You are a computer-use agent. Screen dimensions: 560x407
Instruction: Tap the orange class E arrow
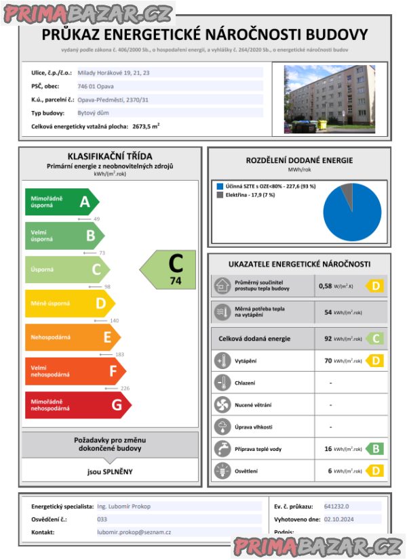click(72, 337)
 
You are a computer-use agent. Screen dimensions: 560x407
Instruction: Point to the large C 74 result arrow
click(170, 269)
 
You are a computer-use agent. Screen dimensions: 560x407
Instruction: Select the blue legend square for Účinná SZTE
click(219, 186)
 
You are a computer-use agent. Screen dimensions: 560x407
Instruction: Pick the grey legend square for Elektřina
click(219, 195)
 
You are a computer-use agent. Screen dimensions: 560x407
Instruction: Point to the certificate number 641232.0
click(337, 506)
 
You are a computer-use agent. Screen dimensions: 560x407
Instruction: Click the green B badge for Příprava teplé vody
click(374, 449)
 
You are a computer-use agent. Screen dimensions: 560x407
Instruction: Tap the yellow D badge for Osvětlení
click(374, 470)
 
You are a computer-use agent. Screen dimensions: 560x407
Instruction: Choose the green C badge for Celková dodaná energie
click(374, 339)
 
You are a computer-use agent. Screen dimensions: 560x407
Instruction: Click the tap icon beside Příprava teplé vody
click(222, 448)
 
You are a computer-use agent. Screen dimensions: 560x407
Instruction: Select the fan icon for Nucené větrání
click(222, 405)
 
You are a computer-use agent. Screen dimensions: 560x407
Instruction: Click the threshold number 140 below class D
click(96, 320)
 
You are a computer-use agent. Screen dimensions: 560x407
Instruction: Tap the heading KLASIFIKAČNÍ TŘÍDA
click(110, 156)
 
